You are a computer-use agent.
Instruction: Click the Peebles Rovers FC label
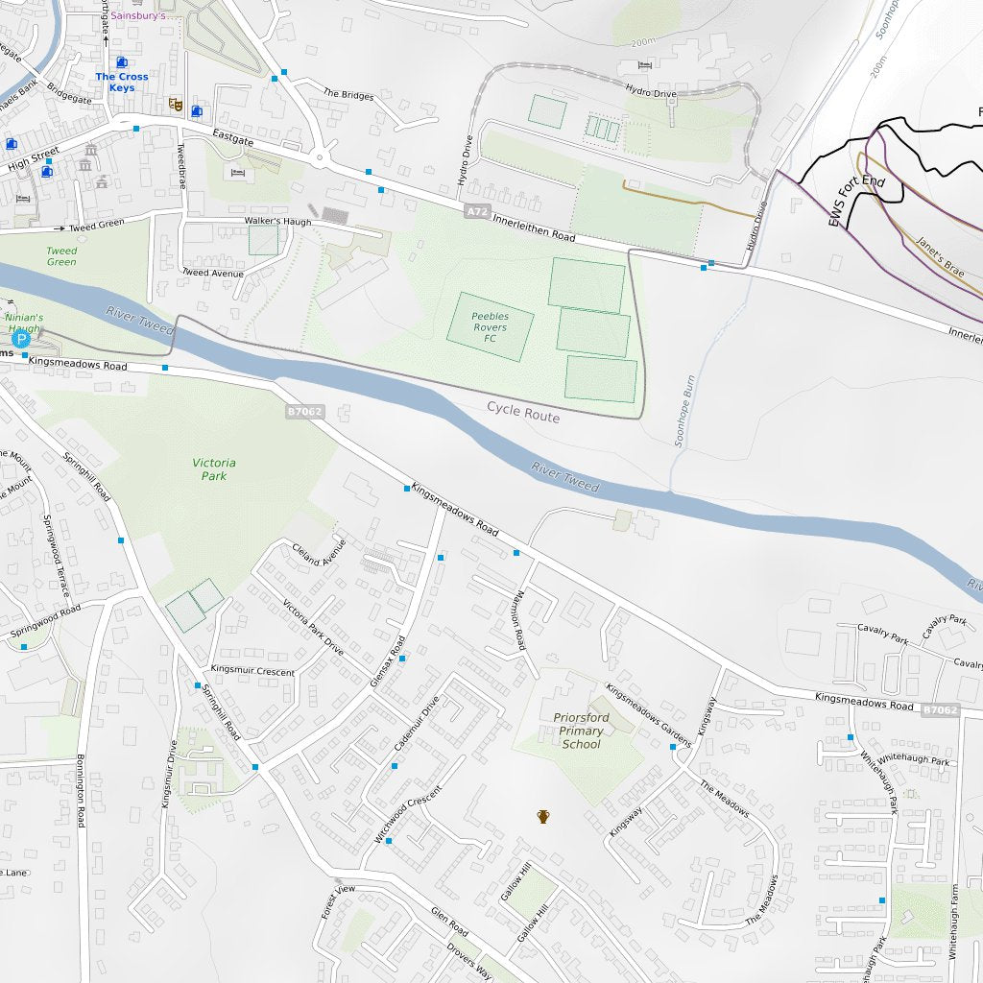[x=490, y=327]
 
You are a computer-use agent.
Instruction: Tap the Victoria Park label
[x=213, y=469]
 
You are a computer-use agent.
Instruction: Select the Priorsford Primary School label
[x=581, y=731]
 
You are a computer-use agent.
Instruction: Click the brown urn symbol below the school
[x=543, y=817]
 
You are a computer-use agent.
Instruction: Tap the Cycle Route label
[x=522, y=412]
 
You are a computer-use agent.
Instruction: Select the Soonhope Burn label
[x=683, y=409]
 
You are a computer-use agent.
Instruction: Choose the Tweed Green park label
[x=61, y=256]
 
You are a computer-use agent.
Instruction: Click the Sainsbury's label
[x=143, y=15]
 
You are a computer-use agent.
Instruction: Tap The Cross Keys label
[x=122, y=82]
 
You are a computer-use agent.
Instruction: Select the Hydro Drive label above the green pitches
[x=651, y=92]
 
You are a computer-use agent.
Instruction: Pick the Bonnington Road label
[x=82, y=791]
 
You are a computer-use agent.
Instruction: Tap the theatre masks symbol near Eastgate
[x=176, y=104]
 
